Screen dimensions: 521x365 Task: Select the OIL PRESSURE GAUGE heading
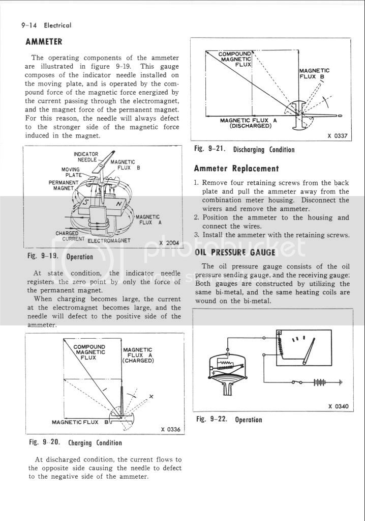235,252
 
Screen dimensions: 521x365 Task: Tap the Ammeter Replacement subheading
236,169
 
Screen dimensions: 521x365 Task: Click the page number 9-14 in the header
29,25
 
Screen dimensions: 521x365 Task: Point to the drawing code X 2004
168,242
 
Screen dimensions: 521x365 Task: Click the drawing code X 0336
170,429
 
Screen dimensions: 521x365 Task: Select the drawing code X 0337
338,135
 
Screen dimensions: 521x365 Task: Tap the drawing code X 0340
339,406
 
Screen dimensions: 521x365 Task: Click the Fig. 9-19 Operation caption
60,257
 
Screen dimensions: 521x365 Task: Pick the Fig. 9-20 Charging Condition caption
75,443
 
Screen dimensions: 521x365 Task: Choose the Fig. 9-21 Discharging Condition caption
245,150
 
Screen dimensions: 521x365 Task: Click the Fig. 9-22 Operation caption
229,420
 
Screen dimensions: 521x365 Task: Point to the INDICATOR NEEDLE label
86,157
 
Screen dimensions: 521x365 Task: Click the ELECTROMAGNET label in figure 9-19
109,240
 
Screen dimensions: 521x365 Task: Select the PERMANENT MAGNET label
64,185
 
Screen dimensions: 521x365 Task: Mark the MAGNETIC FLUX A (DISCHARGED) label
245,123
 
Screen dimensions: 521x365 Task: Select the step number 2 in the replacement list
196,217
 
